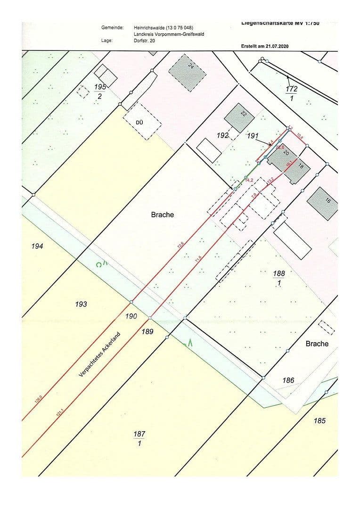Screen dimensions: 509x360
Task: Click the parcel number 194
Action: click(x=37, y=246)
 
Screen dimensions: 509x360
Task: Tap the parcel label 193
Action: click(x=81, y=304)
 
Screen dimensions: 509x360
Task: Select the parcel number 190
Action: click(x=132, y=316)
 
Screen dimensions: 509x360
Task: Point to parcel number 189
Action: click(x=147, y=332)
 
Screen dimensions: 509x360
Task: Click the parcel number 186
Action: click(x=288, y=380)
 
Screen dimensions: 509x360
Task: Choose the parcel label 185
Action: click(x=319, y=420)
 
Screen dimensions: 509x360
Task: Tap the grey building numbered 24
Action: click(x=187, y=71)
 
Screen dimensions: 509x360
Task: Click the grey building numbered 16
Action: click(x=323, y=202)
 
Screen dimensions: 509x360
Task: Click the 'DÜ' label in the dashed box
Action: click(x=139, y=122)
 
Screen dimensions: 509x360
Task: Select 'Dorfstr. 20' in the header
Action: click(x=144, y=41)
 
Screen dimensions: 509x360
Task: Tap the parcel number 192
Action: click(x=222, y=135)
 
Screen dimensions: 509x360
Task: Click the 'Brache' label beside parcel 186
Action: click(x=317, y=344)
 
